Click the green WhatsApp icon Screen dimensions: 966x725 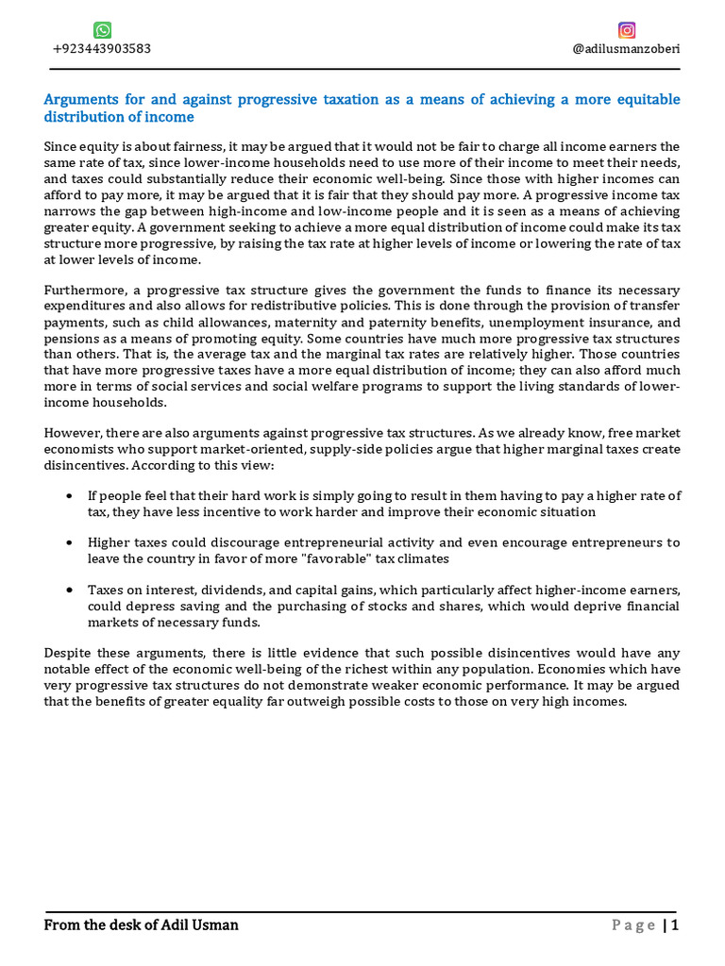tap(102, 30)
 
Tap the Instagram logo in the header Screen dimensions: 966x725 tap(627, 30)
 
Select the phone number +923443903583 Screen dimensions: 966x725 tap(101, 49)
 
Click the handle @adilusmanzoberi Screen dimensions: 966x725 tap(626, 49)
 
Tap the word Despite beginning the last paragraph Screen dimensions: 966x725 tap(68, 653)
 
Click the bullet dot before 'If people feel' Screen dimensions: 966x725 tap(72, 496)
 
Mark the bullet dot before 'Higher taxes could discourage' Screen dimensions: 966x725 tap(72, 543)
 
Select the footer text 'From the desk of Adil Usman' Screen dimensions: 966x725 tap(141, 925)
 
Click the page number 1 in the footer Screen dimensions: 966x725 tap(674, 925)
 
